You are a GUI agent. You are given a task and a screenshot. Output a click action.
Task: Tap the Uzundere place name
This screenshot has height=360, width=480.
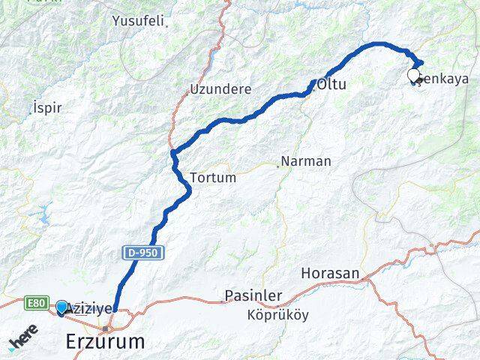[220, 88]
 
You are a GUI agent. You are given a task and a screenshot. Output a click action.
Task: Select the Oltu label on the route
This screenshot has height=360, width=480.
[331, 85]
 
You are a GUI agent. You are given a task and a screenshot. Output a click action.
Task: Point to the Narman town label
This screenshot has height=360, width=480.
[305, 161]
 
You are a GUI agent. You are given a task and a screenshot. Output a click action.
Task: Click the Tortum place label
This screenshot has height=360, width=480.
[213, 178]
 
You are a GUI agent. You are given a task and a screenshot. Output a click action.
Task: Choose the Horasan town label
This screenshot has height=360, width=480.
[330, 274]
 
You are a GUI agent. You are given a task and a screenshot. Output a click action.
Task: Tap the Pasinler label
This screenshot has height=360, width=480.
[253, 296]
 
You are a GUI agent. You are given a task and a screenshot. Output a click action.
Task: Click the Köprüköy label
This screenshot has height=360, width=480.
[277, 315]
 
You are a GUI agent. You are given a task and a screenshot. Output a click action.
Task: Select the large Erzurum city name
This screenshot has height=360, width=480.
[104, 342]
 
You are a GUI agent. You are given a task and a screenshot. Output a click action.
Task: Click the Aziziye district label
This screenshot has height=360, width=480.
[90, 308]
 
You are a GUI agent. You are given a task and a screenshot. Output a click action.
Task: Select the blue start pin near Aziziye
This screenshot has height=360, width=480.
[61, 307]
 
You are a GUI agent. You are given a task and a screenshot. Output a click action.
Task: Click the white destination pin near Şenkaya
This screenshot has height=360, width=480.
[413, 75]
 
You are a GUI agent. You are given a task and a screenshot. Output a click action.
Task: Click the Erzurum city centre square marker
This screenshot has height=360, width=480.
[106, 329]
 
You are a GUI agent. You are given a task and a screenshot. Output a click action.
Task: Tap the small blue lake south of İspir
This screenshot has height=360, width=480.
[41, 216]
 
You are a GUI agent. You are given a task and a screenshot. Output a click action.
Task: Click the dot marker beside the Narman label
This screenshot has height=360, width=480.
[278, 166]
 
